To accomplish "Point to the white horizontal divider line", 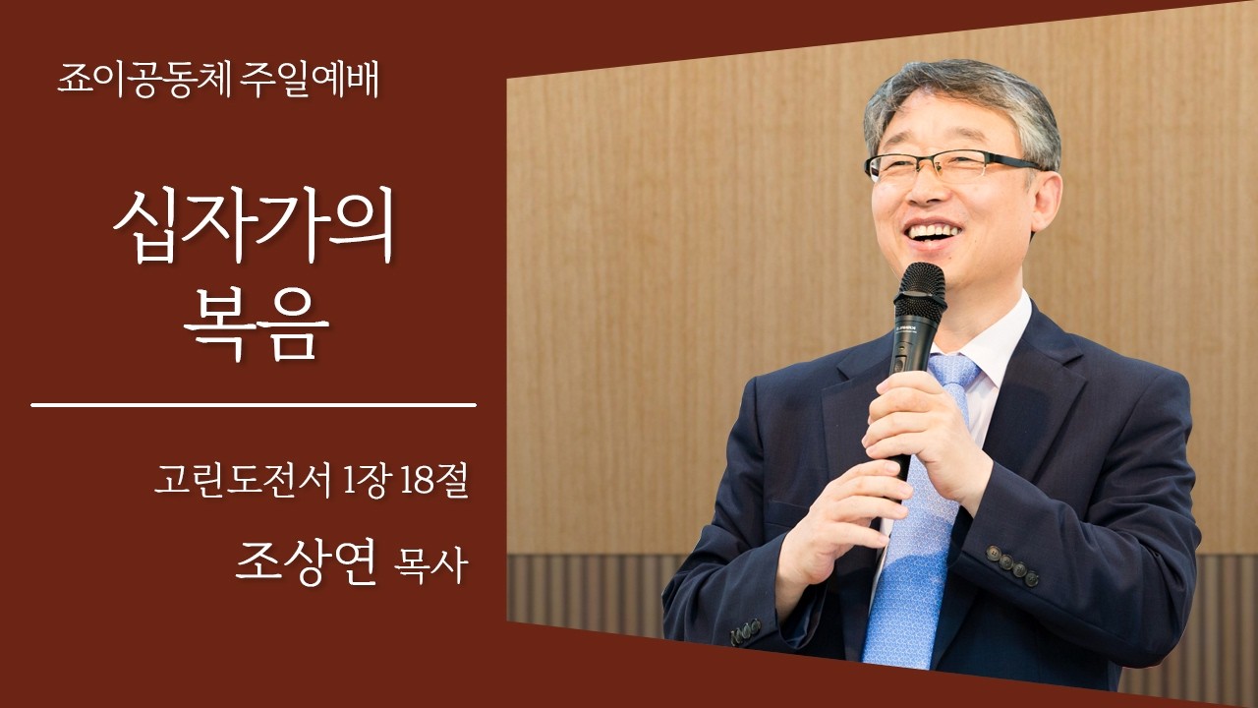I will tap(253, 404).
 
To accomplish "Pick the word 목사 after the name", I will tap(429, 567).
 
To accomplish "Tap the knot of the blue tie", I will tap(953, 371).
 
